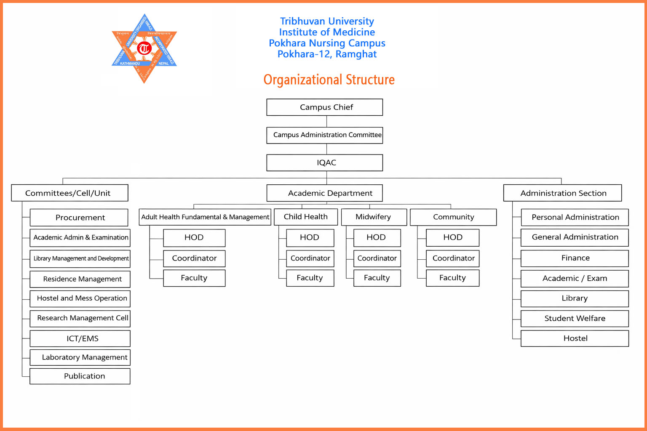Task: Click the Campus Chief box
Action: [x=324, y=107]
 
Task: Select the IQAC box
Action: [x=324, y=163]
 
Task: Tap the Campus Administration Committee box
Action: [x=324, y=135]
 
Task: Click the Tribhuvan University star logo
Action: [x=144, y=48]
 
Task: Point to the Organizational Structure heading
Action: [x=329, y=80]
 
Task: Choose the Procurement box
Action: [x=79, y=218]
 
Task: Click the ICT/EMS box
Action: [x=80, y=338]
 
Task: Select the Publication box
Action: [x=80, y=376]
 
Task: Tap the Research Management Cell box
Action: [x=80, y=318]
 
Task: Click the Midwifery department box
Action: [x=374, y=217]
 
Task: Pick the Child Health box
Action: [x=306, y=217]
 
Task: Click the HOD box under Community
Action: [x=452, y=238]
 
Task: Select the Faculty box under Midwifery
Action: [x=377, y=278]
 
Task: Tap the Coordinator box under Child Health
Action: [x=310, y=258]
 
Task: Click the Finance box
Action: [x=575, y=258]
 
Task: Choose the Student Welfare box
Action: [x=575, y=319]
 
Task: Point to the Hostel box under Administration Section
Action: [x=575, y=338]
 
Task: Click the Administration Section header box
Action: [x=562, y=193]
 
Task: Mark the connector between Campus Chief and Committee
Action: [x=327, y=121]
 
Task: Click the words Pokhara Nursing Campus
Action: [x=327, y=43]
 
